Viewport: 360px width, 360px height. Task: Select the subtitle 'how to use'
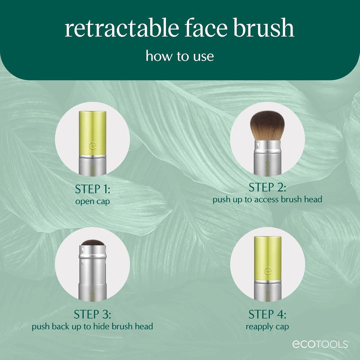coord(179,55)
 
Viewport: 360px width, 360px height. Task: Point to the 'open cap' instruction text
coord(92,201)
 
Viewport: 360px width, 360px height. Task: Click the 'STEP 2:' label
coord(267,187)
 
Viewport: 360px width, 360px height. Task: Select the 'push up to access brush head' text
coord(267,199)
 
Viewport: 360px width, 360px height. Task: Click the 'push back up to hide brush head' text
coord(92,326)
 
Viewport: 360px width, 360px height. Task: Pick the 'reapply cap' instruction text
coord(267,326)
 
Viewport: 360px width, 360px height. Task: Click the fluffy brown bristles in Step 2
coord(267,125)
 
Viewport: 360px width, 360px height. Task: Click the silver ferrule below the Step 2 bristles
coord(267,148)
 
